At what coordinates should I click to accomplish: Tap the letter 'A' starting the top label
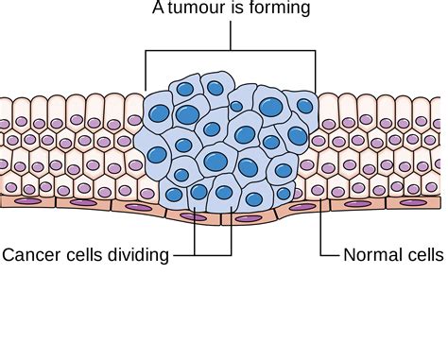pos(157,9)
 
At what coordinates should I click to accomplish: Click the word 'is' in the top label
pos(233,9)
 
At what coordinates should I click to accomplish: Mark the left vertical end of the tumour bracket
pos(146,70)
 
